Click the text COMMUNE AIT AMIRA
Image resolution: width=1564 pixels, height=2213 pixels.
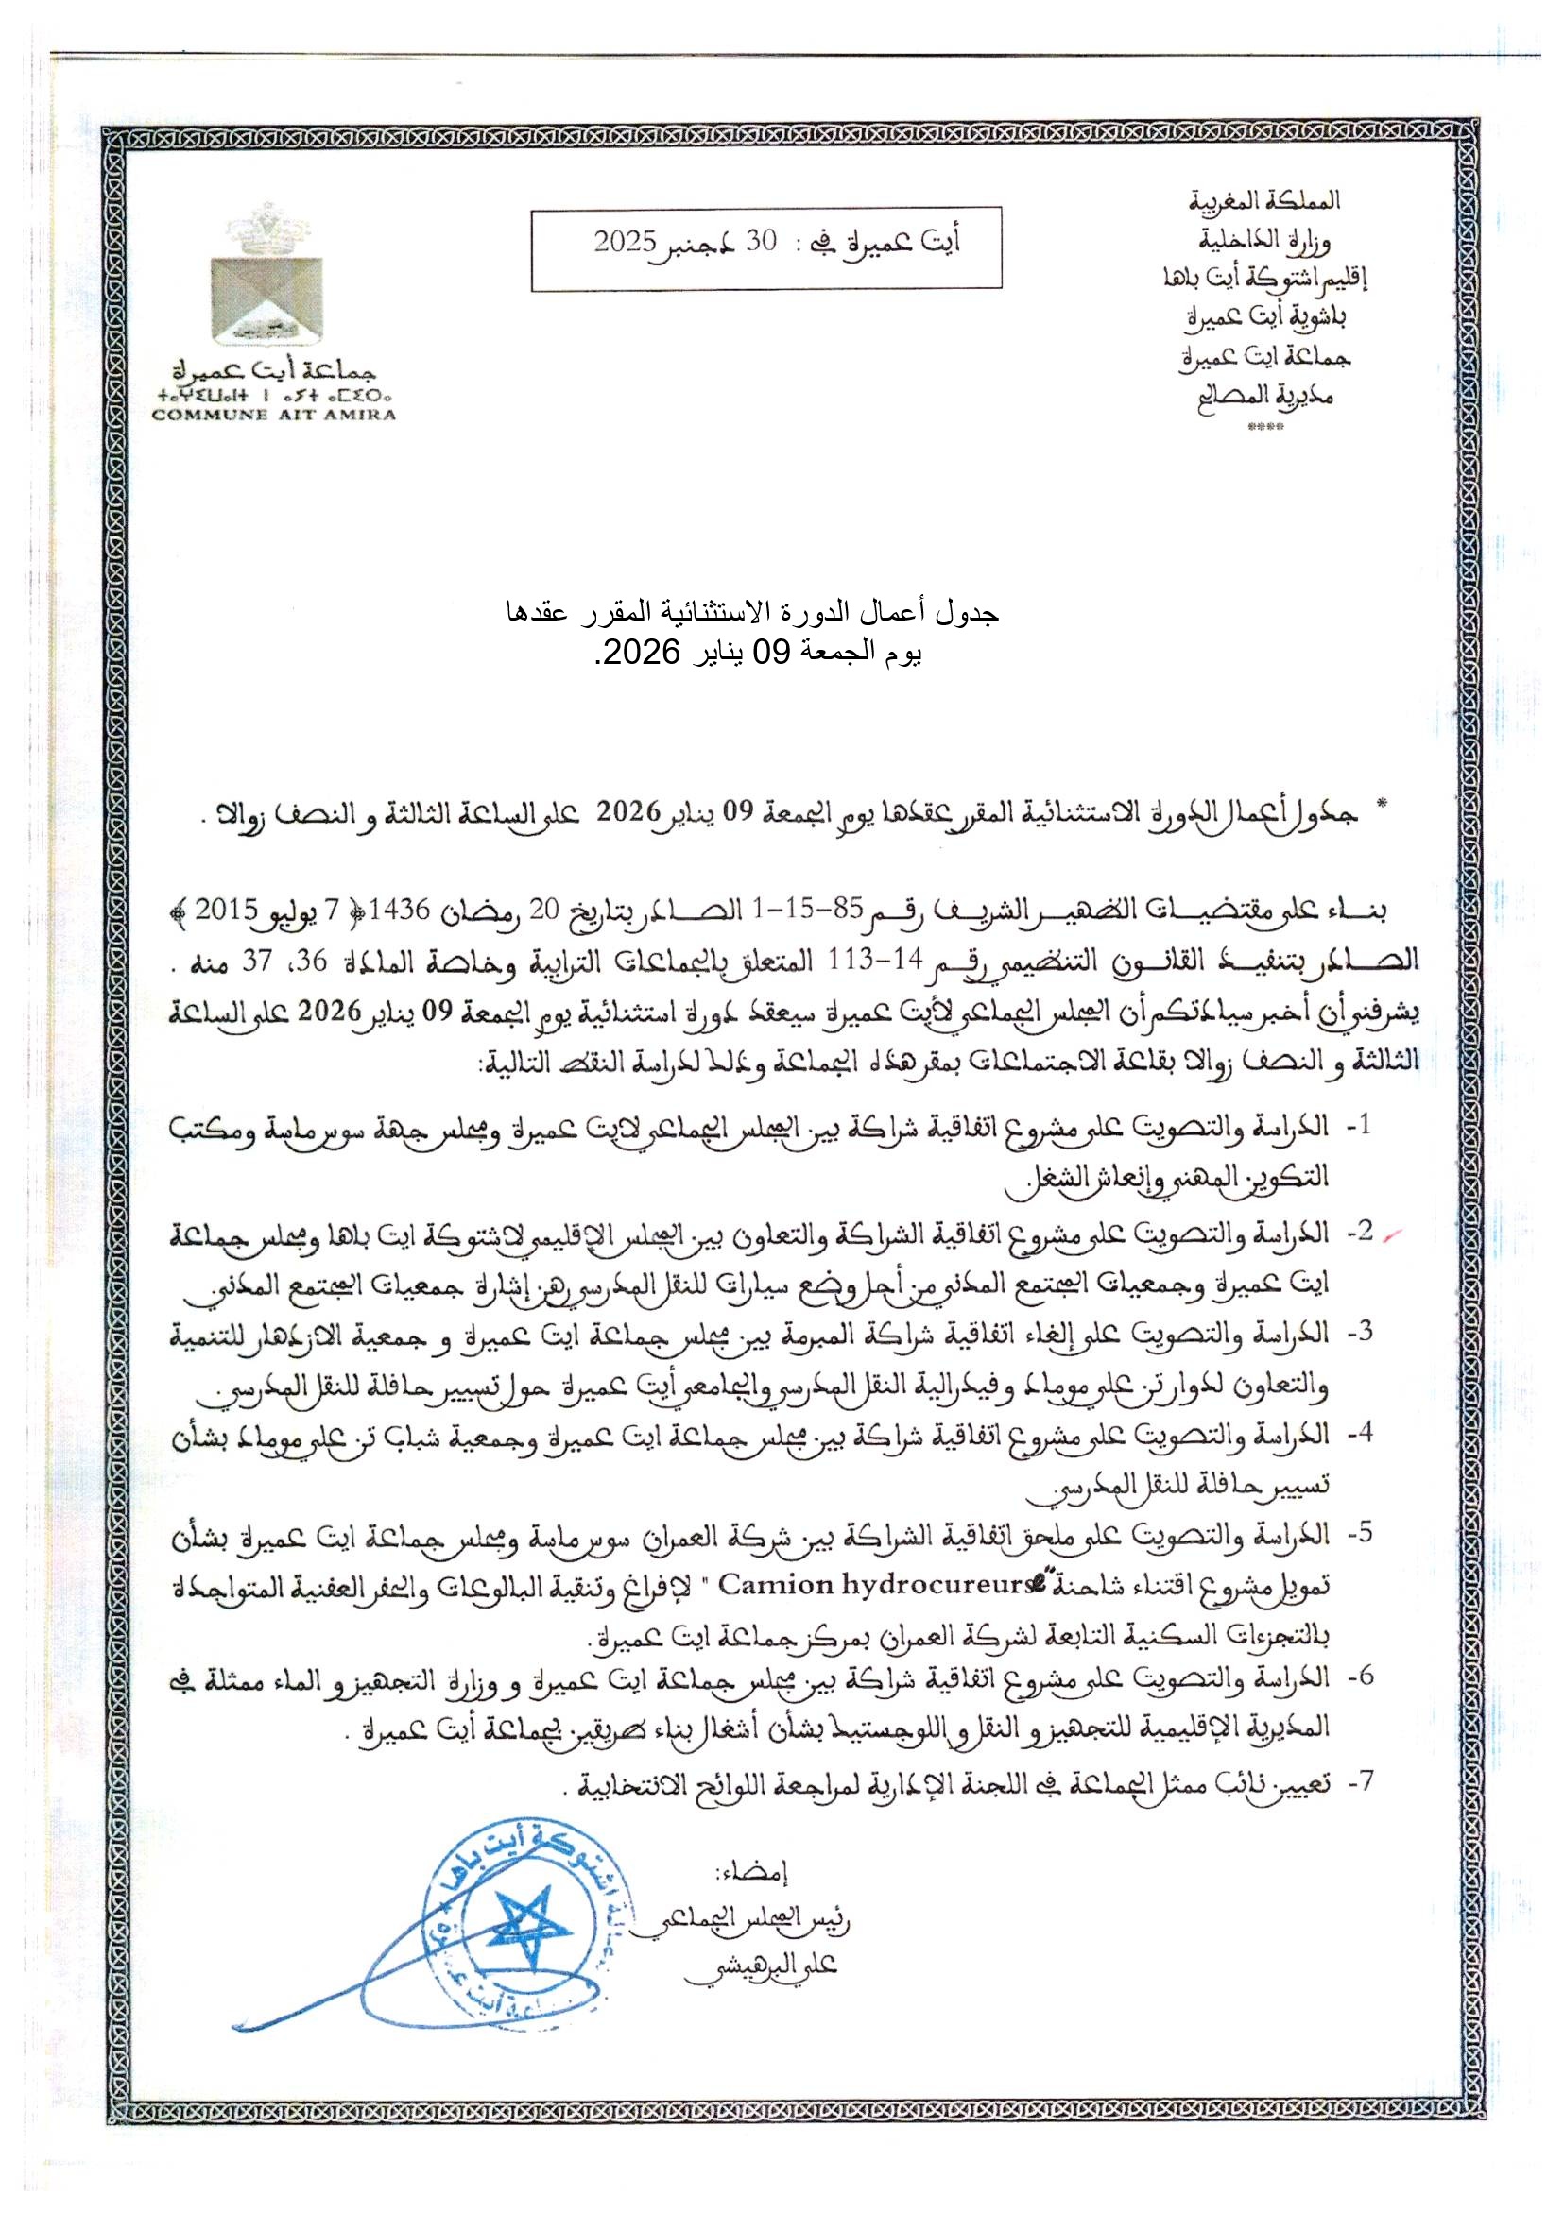pos(275,416)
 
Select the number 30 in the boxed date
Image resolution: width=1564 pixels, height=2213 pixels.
pos(761,241)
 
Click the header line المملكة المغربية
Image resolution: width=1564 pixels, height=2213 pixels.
pos(1264,200)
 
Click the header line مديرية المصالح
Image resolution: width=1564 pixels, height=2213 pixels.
pos(1264,395)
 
